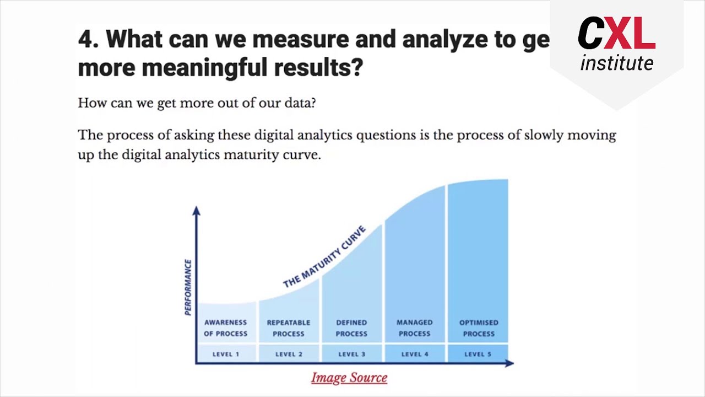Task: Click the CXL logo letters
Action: click(616, 34)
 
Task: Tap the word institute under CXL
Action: click(617, 63)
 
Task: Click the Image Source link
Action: click(349, 378)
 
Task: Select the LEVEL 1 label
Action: click(226, 354)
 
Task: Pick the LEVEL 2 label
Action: click(289, 354)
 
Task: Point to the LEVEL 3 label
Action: click(351, 354)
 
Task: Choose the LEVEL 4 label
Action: click(415, 354)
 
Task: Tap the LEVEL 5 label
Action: click(478, 354)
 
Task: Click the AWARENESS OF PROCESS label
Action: click(226, 328)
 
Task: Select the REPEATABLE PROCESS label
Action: click(289, 328)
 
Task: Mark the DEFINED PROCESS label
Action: click(351, 328)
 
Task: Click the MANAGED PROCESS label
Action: click(415, 328)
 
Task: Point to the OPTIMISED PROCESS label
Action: click(479, 328)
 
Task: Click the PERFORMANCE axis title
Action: click(188, 287)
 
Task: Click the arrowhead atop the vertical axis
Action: click(197, 211)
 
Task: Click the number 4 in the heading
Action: click(84, 39)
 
